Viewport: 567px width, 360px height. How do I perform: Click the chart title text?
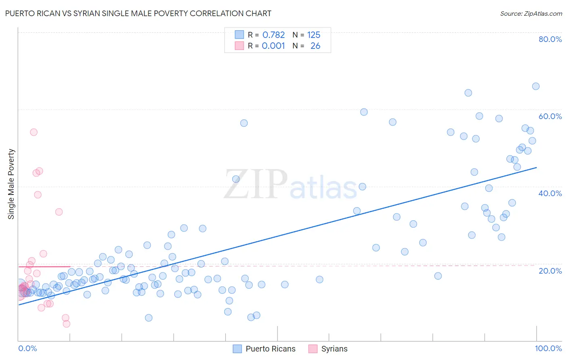138,13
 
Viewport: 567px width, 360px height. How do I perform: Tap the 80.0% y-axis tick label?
550,39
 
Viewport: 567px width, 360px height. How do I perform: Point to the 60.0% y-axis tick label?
550,116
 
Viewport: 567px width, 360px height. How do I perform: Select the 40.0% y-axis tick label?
550,193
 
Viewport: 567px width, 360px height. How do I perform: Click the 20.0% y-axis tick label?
550,271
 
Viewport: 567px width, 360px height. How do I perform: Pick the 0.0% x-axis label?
27,348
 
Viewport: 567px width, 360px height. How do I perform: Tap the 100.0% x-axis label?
548,348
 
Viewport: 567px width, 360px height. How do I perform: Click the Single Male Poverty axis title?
11,184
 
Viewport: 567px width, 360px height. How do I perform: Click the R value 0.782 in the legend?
273,35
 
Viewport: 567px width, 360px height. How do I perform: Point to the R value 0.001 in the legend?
273,46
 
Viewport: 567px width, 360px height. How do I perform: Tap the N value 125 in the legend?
314,35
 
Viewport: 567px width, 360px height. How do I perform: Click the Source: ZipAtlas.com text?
531,13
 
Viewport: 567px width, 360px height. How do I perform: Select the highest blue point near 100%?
536,86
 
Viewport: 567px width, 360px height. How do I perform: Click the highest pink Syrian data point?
34,132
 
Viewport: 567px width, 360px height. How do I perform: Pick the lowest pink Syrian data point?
67,324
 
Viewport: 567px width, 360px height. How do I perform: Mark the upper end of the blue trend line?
536,167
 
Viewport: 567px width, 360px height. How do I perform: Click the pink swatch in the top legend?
240,46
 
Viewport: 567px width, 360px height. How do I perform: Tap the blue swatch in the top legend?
240,35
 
